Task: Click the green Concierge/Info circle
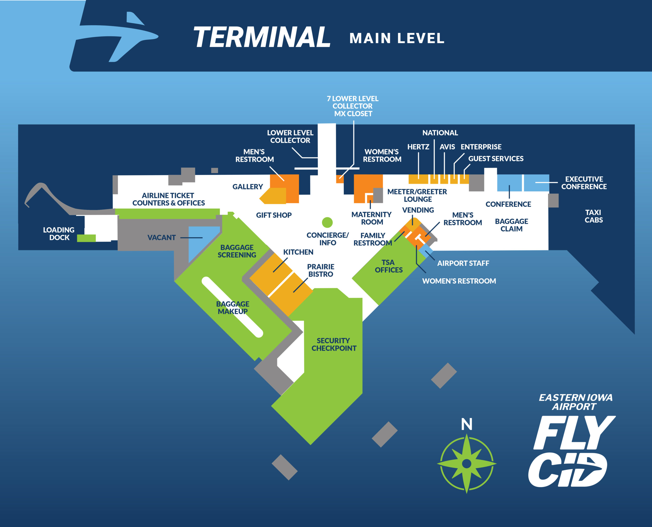coord(327,222)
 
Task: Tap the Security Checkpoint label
coord(334,344)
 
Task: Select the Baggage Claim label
coord(511,225)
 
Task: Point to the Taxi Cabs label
coord(593,216)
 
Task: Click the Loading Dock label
coord(59,233)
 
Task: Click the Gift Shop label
coord(274,215)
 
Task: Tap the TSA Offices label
coord(388,266)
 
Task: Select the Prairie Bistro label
coord(321,270)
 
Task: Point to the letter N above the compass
coord(466,424)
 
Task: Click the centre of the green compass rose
coord(466,464)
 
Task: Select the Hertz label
coord(418,147)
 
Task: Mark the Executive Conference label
coord(584,183)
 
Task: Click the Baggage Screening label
coord(237,251)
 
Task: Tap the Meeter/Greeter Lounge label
coord(417,196)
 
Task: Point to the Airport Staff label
coord(463,263)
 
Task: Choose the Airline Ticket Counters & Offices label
coord(169,199)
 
